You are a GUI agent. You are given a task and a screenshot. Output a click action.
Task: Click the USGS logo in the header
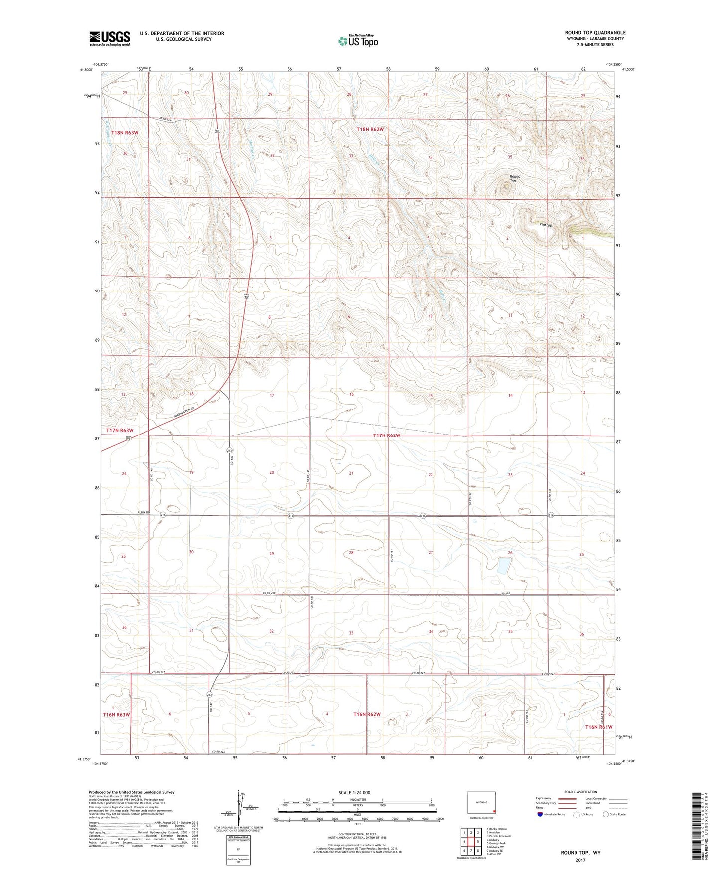[109, 38]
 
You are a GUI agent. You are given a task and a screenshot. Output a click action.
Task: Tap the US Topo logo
[357, 41]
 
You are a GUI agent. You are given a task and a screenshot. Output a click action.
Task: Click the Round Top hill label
[515, 178]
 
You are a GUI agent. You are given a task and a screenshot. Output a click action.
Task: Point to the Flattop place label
[546, 225]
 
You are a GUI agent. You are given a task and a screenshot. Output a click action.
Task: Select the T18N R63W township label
[124, 133]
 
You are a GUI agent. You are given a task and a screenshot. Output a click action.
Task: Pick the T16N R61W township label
[598, 727]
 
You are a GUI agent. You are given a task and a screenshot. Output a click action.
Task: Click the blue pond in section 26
[503, 565]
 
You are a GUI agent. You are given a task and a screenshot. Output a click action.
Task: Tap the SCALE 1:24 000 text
[354, 792]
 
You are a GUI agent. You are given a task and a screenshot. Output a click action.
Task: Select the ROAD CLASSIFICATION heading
[580, 792]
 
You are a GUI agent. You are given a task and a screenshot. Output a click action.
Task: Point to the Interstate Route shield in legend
[540, 814]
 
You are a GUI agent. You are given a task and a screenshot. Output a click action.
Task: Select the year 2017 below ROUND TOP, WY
[580, 860]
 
